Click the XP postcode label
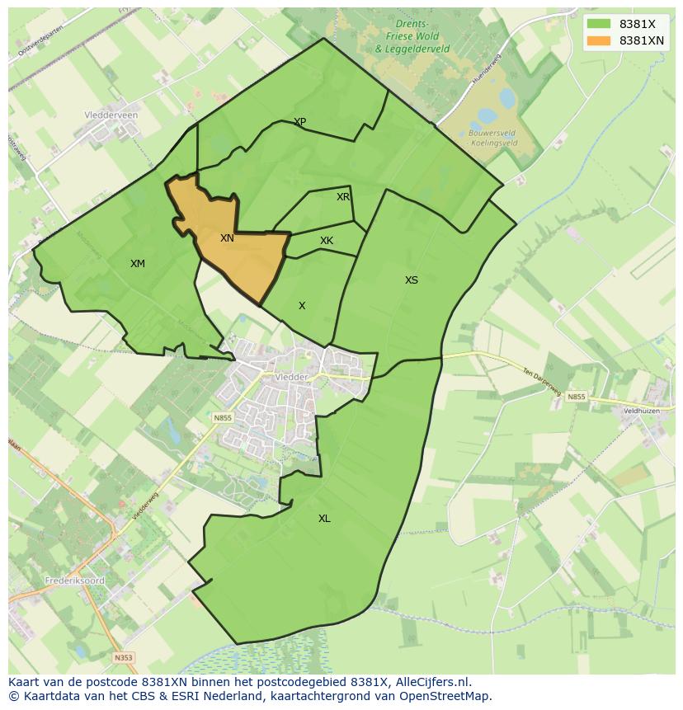299,122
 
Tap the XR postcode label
343,197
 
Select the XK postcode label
327,241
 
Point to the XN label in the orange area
227,238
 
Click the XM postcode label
137,264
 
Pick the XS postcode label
411,280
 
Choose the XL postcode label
324,519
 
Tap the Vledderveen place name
111,115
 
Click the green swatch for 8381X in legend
599,24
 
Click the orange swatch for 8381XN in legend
599,40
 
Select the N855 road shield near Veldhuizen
576,397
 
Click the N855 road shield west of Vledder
223,418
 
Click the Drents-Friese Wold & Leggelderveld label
412,36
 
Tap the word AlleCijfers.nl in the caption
430,682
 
